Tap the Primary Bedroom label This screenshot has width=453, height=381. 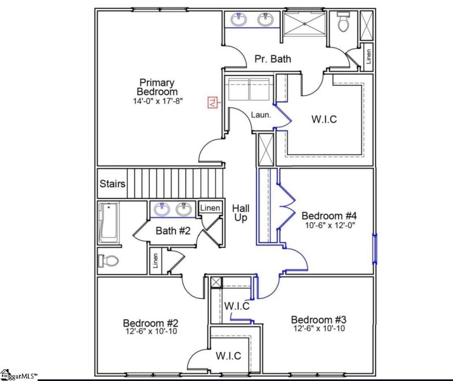pyautogui.click(x=157, y=87)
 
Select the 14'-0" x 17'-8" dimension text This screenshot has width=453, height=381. pyautogui.click(x=157, y=101)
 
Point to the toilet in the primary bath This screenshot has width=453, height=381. pyautogui.click(x=343, y=23)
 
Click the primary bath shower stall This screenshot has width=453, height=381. pyautogui.click(x=305, y=26)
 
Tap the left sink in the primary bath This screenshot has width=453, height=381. pyautogui.click(x=239, y=19)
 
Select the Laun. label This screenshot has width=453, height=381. pyautogui.click(x=262, y=115)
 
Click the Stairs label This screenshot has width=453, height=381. pyautogui.click(x=113, y=184)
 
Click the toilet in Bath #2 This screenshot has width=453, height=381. pyautogui.click(x=108, y=261)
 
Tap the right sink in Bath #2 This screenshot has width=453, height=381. pyautogui.click(x=183, y=209)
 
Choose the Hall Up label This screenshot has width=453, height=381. pyautogui.click(x=241, y=213)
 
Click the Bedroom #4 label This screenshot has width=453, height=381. pyautogui.click(x=328, y=216)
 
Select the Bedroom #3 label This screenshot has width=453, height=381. pyautogui.click(x=319, y=319)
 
